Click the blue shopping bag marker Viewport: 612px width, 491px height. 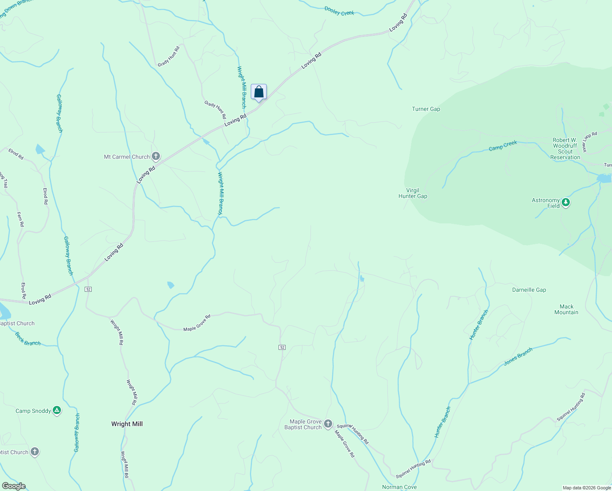coord(259,92)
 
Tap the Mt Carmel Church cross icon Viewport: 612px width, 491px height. coord(155,156)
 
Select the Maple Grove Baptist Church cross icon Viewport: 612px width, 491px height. coord(328,424)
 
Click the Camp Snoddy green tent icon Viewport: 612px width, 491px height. coord(57,410)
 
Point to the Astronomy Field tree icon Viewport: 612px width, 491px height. coord(566,202)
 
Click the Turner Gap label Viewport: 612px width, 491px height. coord(426,109)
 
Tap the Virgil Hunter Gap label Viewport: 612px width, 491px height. coord(413,193)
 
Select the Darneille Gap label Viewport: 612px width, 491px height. coord(529,290)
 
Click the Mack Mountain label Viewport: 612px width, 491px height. coord(566,309)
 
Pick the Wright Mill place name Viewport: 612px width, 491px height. coord(127,424)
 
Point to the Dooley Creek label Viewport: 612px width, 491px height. coord(339,11)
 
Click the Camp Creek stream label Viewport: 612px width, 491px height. coord(503,146)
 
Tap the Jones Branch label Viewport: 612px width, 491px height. coord(518,356)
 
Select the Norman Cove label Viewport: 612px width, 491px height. coord(399,487)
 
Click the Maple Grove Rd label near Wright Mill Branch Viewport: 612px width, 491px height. coord(197,323)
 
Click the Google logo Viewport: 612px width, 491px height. coord(14,486)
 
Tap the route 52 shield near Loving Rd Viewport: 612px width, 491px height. coord(88,289)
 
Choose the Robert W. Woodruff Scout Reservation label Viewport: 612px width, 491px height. coord(565,149)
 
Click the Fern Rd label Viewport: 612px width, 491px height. coord(20,219)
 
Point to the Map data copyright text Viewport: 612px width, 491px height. coord(587,488)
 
